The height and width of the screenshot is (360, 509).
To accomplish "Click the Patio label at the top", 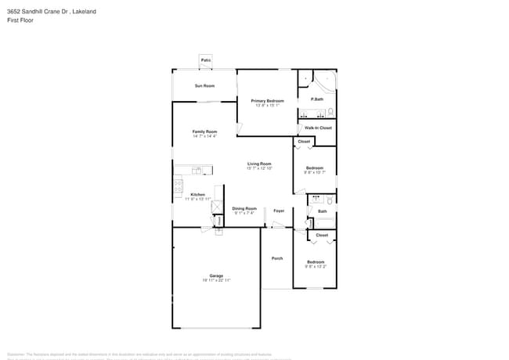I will click(x=205, y=60).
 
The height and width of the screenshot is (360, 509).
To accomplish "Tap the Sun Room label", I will click(x=204, y=85).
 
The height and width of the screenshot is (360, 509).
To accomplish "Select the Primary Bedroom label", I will click(x=267, y=101).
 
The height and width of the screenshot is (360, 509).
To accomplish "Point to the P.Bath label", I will click(x=317, y=99).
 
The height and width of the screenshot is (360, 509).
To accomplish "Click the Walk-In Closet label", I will click(x=318, y=128).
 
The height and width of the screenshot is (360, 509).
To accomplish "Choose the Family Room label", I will click(x=204, y=131).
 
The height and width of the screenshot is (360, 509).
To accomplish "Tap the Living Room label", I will click(x=259, y=164).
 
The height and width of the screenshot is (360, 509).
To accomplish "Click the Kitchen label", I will click(x=198, y=194).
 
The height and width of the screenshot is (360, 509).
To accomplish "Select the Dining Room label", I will click(x=244, y=208).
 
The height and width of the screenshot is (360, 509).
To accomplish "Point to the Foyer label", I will click(x=278, y=211).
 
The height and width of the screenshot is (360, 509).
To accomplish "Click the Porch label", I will click(x=277, y=258).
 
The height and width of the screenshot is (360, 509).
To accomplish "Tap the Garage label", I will click(x=216, y=275).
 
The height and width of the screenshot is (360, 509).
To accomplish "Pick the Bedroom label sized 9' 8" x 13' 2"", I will click(x=315, y=261).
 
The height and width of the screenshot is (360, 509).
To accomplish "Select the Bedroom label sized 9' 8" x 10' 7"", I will click(x=314, y=168).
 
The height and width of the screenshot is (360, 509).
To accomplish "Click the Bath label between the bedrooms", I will click(x=323, y=211).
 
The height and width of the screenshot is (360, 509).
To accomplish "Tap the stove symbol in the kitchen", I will click(x=179, y=187).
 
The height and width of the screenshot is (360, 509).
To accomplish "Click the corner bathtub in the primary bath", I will click(x=325, y=81).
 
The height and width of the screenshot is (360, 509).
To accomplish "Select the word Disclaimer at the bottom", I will click(x=18, y=354).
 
